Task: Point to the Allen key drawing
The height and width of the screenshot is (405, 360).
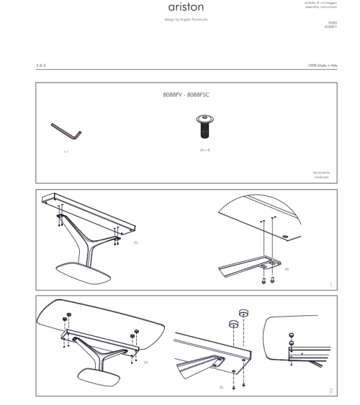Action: click(x=66, y=132)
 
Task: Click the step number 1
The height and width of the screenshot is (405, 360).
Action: click(x=330, y=285)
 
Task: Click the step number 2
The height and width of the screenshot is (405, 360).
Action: click(x=330, y=391)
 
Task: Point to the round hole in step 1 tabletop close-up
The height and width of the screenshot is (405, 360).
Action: click(x=287, y=235)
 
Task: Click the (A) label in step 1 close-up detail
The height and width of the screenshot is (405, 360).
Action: click(x=286, y=268)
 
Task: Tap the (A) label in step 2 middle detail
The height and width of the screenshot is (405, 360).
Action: click(x=221, y=387)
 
